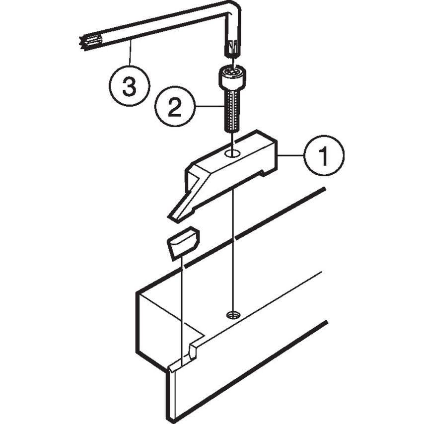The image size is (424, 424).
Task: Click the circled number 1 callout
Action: pyautogui.click(x=323, y=156)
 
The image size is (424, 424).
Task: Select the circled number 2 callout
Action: pyautogui.click(x=174, y=107)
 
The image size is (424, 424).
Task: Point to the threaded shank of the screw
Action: pyautogui.click(x=231, y=112)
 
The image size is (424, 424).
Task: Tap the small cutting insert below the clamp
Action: pyautogui.click(x=183, y=242)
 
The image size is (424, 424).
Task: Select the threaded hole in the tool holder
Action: pyautogui.click(x=232, y=314)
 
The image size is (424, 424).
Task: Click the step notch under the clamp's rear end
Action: pyautogui.click(x=263, y=172)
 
